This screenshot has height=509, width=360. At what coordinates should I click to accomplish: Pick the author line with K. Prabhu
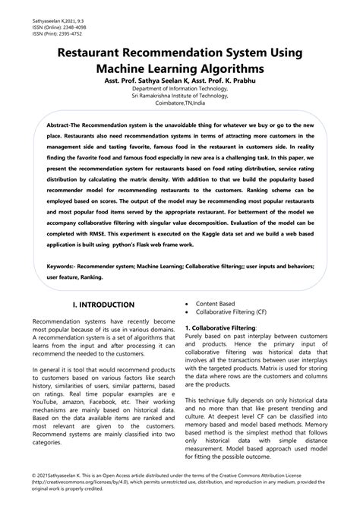(180, 81)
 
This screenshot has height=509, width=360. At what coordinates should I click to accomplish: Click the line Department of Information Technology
(180, 90)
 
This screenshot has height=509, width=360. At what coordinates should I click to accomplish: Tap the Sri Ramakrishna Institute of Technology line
(180, 96)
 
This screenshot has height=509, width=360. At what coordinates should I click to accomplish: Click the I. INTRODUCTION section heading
(103, 305)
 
